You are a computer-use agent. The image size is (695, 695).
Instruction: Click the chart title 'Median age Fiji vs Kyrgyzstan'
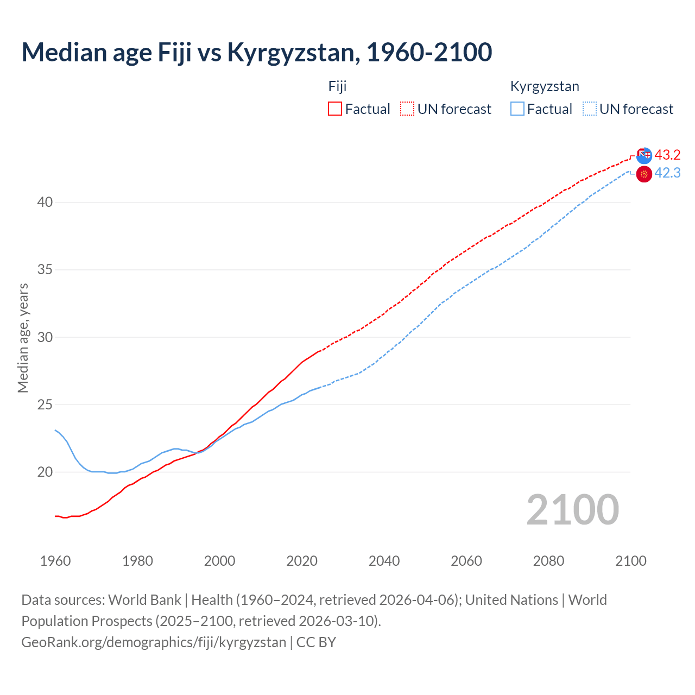(x=256, y=52)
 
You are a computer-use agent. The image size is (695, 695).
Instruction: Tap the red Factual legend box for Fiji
(x=335, y=109)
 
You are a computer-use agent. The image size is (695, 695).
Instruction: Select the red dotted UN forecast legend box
(x=407, y=109)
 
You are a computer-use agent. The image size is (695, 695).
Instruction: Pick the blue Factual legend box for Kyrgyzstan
(x=517, y=109)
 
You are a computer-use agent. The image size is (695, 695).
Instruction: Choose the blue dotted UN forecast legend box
(x=590, y=109)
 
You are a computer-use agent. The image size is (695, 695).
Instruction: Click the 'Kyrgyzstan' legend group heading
(x=545, y=86)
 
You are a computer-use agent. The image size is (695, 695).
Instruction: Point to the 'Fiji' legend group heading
(x=337, y=86)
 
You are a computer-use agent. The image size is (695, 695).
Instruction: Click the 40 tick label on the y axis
(x=45, y=203)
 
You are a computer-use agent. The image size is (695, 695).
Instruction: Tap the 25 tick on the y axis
(x=45, y=405)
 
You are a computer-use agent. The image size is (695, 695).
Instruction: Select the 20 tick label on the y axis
(x=45, y=472)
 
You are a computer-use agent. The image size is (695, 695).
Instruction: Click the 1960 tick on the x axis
(x=55, y=561)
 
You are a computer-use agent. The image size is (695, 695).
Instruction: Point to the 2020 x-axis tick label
(x=302, y=561)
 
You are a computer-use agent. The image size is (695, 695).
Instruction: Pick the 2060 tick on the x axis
(x=466, y=561)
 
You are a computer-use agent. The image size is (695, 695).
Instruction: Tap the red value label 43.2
(x=667, y=155)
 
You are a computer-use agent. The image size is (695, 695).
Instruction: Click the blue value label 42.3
(x=667, y=173)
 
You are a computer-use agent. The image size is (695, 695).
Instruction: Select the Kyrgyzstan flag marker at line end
(x=644, y=174)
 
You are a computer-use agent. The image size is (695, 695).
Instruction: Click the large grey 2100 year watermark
(x=572, y=509)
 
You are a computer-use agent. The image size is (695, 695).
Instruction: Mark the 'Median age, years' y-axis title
(x=23, y=338)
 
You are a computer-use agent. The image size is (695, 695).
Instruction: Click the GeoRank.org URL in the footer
(x=154, y=642)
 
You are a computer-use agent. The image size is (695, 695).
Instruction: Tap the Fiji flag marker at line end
(x=644, y=155)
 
